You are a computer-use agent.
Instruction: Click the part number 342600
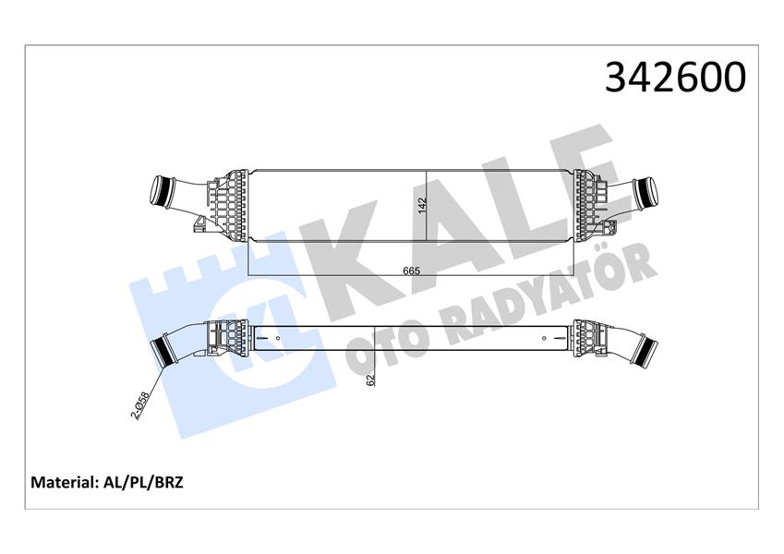point(674,78)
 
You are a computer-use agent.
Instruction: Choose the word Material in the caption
point(64,482)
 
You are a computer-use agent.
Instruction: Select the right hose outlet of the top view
point(643,194)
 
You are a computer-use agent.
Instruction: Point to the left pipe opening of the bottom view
point(167,352)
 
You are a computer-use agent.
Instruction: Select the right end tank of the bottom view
point(586,338)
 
